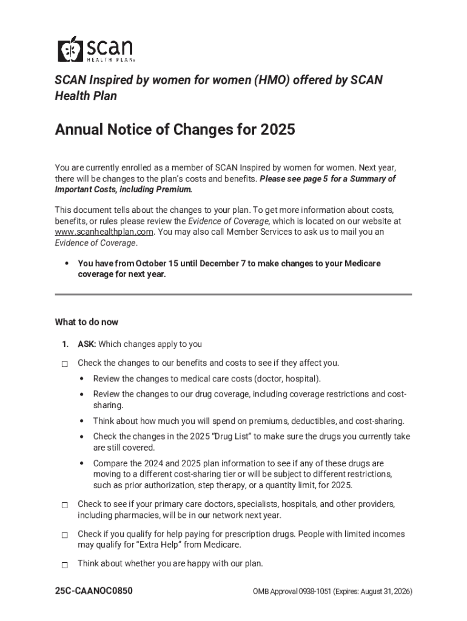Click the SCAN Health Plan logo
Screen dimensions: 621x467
(96, 49)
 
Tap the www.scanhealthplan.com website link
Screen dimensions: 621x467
(104, 232)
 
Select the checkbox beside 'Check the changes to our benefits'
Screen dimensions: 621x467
(64, 364)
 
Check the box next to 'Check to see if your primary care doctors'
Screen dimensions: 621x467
(64, 505)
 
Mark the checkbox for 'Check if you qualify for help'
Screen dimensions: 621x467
(64, 535)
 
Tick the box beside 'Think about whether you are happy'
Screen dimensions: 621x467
(64, 565)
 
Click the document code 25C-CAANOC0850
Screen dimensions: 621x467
(94, 591)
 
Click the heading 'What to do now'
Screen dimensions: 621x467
(87, 322)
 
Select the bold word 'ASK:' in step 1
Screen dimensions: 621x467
(87, 344)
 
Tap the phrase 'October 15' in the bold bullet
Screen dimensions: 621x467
(159, 264)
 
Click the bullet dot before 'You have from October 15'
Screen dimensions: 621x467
(66, 264)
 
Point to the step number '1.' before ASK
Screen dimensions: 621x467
(64, 344)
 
